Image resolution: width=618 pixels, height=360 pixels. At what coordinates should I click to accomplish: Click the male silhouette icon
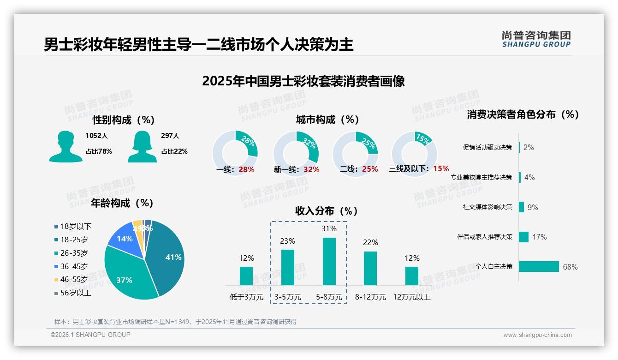pos(65,146)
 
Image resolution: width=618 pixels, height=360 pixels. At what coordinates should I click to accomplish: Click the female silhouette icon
pos(142,146)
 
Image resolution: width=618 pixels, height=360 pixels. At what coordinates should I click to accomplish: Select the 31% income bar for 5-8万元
pos(329,261)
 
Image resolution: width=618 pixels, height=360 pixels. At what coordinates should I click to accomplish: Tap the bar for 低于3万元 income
pos(246,276)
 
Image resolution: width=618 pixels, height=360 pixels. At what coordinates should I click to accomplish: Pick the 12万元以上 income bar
pos(412,276)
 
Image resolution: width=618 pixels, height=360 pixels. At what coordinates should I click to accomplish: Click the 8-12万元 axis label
pos(370,297)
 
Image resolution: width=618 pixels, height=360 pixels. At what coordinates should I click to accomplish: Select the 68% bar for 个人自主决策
pos(539,267)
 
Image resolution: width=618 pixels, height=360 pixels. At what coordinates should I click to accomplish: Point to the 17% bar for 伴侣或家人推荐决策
pos(523,237)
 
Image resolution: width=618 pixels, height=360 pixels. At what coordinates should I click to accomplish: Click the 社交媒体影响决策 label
pos(487,207)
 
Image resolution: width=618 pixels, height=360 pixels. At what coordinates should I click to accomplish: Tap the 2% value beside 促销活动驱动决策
pos(529,147)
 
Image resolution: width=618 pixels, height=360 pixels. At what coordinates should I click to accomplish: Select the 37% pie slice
pos(127,275)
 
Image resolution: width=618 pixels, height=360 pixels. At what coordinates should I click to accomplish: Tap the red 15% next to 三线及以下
pos(441,168)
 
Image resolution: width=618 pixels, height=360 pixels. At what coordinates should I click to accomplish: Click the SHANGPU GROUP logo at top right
pos(536,39)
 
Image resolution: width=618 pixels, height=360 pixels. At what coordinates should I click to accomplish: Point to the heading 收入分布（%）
pos(327,211)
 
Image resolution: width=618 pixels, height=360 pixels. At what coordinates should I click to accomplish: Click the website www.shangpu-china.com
pos(537,335)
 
